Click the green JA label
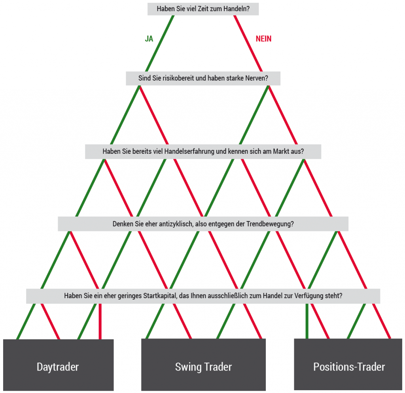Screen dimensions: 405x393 [149, 39]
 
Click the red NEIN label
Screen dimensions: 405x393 [263, 39]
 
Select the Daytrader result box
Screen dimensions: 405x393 [59, 365]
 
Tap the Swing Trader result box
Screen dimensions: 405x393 [203, 365]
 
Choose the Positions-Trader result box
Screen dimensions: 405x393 [348, 365]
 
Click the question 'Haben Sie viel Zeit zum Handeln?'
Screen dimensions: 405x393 [203, 9]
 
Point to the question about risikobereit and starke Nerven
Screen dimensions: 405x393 [203, 78]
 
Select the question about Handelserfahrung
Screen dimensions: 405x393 [203, 151]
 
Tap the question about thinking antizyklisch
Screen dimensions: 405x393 [203, 224]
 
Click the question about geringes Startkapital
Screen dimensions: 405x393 [203, 296]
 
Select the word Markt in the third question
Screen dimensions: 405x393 [280, 151]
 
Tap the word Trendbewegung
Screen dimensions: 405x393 [270, 224]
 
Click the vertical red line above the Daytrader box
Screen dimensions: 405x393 [100, 321]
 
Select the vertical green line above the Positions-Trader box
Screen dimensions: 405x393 [307, 321]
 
